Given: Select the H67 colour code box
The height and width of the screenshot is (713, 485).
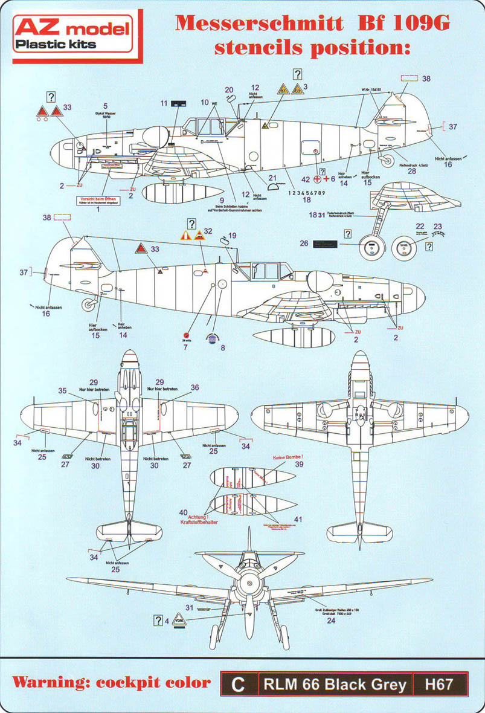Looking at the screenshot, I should click(x=434, y=684).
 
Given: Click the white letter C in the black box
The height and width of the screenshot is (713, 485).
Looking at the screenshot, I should click(x=238, y=684).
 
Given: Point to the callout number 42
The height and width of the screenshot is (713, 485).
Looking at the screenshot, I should click(x=305, y=179).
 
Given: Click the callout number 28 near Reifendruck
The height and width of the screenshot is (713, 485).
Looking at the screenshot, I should click(x=412, y=171).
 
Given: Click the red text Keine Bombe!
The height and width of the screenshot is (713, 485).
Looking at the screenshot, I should click(x=288, y=457).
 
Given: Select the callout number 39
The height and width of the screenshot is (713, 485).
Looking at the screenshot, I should click(x=298, y=465).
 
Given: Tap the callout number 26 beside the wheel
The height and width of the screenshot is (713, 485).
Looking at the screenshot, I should click(x=304, y=244).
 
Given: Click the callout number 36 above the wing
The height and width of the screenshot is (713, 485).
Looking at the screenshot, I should click(x=194, y=387).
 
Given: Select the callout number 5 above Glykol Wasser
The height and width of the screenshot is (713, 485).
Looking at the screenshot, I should click(x=105, y=105).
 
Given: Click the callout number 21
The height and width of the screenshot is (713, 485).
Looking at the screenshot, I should click(x=272, y=178).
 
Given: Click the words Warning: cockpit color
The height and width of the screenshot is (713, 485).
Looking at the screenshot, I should click(x=112, y=683).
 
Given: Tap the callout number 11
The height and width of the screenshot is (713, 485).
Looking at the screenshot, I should click(x=164, y=104).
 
